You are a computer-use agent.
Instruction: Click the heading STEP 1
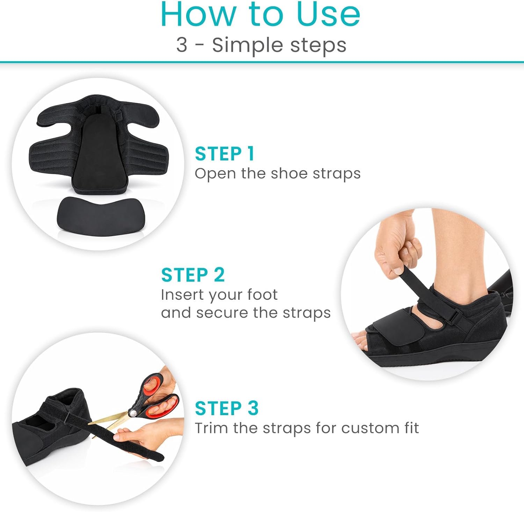(224, 154)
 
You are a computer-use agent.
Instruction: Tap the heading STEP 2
(192, 275)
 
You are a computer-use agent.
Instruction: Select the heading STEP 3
(227, 408)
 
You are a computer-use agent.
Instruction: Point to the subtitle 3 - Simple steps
(261, 45)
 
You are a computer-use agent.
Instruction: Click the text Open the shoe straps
(278, 174)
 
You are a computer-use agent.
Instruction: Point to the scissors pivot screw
(133, 413)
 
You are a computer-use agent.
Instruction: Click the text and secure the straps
(246, 313)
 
